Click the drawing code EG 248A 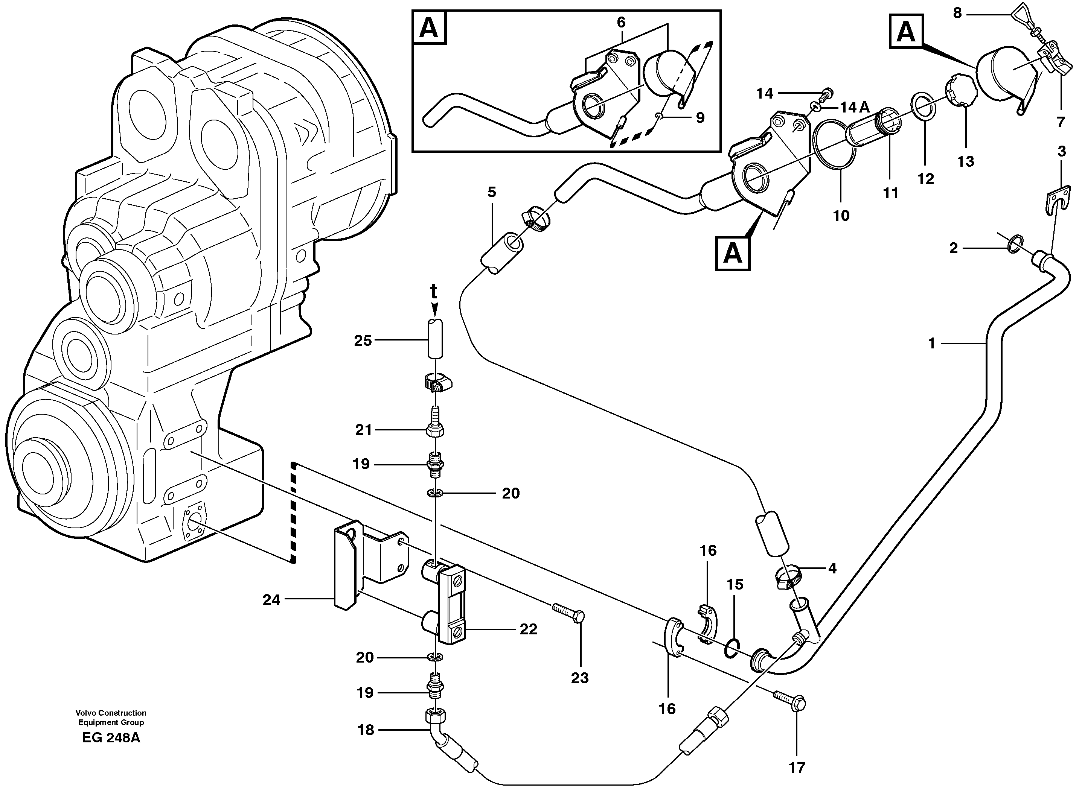(x=111, y=738)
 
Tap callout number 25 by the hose (x=363, y=341)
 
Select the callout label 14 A (x=855, y=108)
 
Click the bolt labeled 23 (x=569, y=612)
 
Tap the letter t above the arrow (x=433, y=290)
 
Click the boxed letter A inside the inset (x=429, y=29)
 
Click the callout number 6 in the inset (x=621, y=22)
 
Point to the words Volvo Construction (x=111, y=713)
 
